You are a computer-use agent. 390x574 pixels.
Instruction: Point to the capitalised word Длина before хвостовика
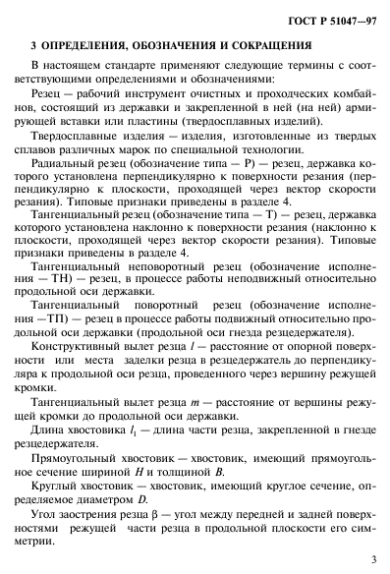pos(47,433)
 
